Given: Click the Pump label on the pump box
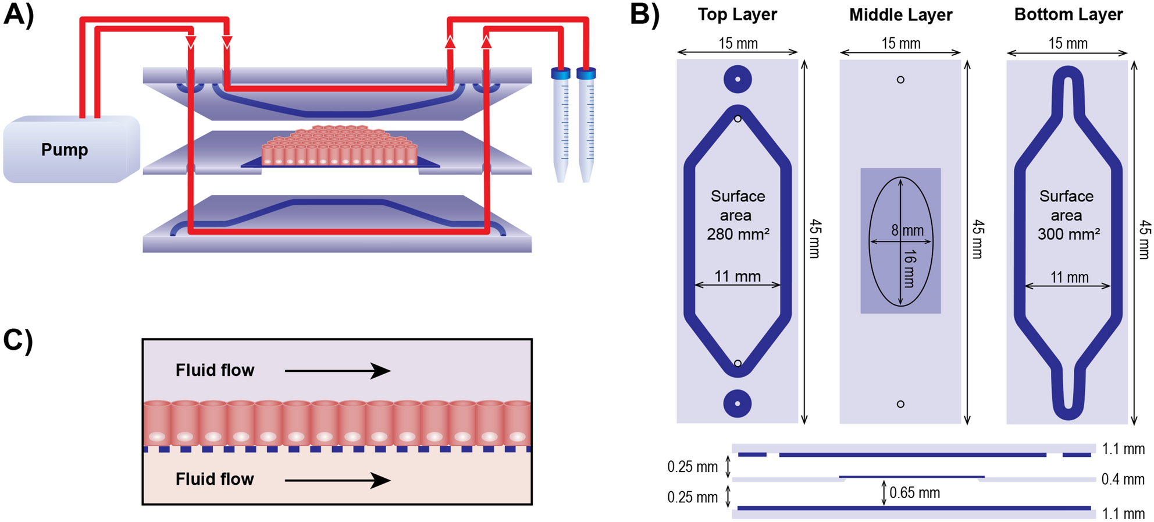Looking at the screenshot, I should [x=65, y=150].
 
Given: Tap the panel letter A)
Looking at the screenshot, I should [x=19, y=14].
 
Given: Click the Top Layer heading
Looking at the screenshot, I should [x=737, y=15].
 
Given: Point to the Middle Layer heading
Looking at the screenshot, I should [x=900, y=15].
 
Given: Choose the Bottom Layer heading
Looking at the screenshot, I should [x=1068, y=15].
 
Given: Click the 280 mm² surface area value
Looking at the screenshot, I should [x=738, y=235].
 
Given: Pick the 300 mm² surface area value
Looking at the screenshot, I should [x=1068, y=235].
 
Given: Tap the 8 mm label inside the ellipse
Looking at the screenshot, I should [x=908, y=230].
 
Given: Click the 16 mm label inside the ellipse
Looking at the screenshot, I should [x=910, y=268].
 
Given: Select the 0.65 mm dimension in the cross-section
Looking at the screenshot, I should [x=914, y=493].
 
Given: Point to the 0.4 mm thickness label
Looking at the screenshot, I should [x=1123, y=480].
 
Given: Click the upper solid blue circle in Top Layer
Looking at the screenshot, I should [x=738, y=80].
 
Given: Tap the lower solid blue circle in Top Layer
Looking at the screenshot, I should [x=738, y=403].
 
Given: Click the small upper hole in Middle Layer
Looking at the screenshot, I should [x=900, y=80].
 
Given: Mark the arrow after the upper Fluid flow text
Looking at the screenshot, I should [x=337, y=371].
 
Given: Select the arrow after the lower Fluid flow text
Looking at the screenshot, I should [x=337, y=480].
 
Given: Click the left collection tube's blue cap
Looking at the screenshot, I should [x=561, y=74].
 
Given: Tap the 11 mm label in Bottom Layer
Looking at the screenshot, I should [x=1069, y=278].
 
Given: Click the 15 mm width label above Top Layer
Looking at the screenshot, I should [x=738, y=44].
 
